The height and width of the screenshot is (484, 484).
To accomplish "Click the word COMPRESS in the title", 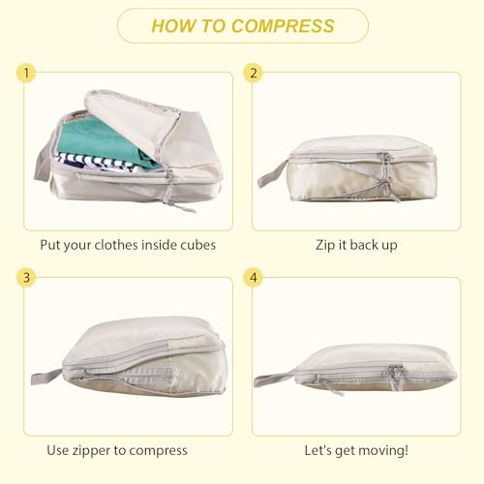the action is click(283, 26).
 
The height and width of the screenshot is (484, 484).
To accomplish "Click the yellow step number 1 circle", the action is click(26, 73).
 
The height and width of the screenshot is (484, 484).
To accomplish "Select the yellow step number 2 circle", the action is click(254, 73).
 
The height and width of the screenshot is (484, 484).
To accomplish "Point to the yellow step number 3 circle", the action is click(26, 277).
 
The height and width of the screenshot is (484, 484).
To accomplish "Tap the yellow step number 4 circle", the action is click(254, 277).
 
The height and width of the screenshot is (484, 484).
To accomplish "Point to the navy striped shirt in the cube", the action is click(97, 163).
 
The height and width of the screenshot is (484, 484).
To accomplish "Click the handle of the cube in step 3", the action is click(45, 377).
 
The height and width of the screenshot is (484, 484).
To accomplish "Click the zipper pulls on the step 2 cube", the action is click(387, 177).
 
